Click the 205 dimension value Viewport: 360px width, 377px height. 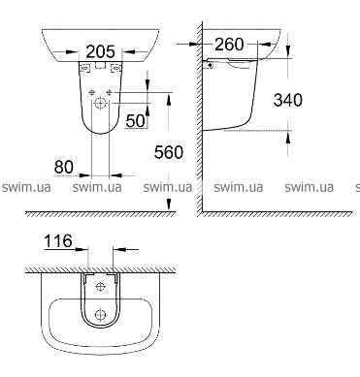tap(100, 51)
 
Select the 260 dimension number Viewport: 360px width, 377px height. tap(229, 45)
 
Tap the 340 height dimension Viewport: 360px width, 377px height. tap(288, 100)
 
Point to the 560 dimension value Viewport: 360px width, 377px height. tap(169, 152)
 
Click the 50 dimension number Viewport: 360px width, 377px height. tap(135, 121)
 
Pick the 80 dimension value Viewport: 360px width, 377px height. tap(64, 167)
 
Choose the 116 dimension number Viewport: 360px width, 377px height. tap(58, 241)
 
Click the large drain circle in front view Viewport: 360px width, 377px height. tap(101, 104)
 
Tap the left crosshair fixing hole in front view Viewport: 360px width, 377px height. tap(92, 92)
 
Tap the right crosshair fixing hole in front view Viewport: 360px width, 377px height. tap(109, 92)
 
